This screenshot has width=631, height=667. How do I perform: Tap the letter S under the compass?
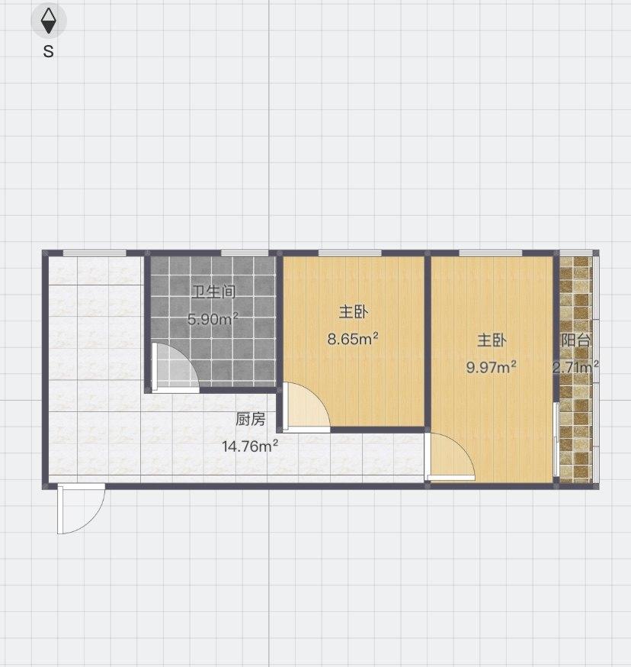[48, 52]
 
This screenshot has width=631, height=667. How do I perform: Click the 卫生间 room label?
[213, 292]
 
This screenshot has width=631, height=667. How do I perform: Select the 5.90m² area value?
[213, 319]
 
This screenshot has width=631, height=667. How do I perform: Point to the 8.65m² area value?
[354, 339]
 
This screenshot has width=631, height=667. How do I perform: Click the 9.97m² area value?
[492, 367]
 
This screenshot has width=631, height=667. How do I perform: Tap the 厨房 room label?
[250, 419]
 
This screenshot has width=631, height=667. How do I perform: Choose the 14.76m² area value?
[249, 446]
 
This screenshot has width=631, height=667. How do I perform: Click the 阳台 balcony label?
[576, 340]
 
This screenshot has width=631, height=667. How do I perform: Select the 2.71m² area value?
[575, 368]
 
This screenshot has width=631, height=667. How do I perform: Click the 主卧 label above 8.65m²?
[354, 312]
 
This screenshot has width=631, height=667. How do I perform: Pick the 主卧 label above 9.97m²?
[492, 340]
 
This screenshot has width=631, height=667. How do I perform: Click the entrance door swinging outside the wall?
[79, 508]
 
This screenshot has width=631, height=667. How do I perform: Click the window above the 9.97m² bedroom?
[490, 253]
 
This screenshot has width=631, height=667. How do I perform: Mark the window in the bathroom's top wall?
[244, 253]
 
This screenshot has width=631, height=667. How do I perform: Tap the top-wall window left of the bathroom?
[94, 253]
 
